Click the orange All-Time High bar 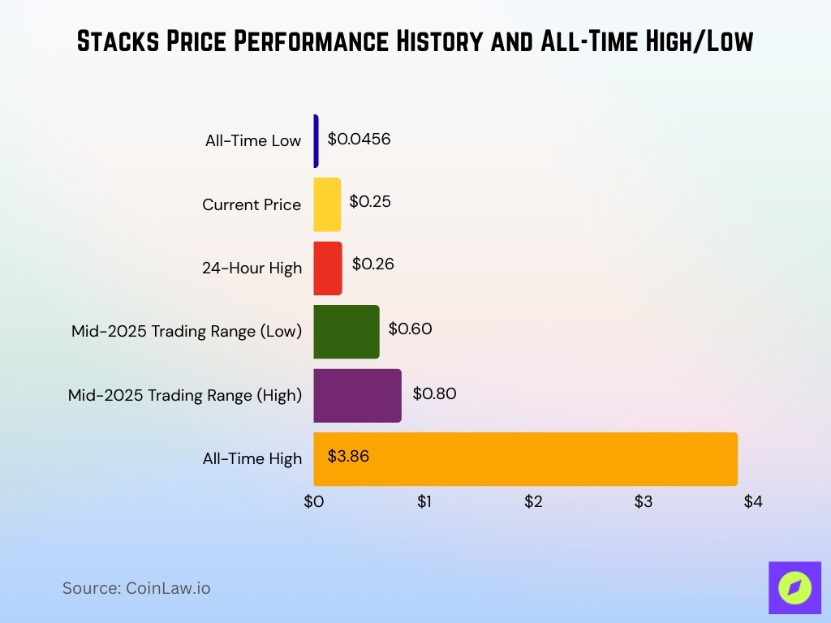(x=525, y=458)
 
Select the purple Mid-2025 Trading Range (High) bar (x=357, y=395)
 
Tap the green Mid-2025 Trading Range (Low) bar (x=347, y=331)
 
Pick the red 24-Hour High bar (x=328, y=268)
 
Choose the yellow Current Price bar (x=327, y=204)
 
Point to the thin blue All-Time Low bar (x=316, y=140)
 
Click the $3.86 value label (x=348, y=456)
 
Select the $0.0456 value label (x=359, y=139)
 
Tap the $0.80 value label (x=434, y=394)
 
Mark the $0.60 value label (x=410, y=329)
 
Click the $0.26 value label (x=372, y=264)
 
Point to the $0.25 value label (x=370, y=201)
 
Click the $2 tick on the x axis (x=533, y=502)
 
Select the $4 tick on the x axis (x=752, y=502)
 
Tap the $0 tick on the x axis (x=314, y=502)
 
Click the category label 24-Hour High (x=252, y=269)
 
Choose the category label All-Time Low (x=252, y=141)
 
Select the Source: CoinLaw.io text (x=136, y=588)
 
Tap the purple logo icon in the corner (x=794, y=587)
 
